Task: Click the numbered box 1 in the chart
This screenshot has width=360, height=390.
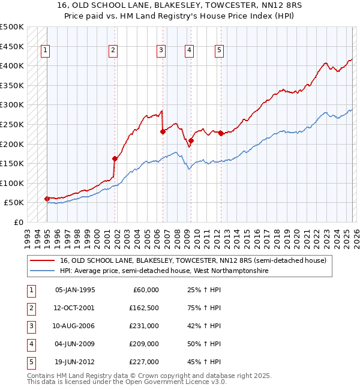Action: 46,51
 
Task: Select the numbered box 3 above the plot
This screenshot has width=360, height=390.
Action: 161,51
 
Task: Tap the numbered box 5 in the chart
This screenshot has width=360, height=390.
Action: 219,51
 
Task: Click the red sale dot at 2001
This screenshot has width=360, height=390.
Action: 115,158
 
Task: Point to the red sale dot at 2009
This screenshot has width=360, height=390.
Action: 191,140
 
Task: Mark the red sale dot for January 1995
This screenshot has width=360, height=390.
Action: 47,199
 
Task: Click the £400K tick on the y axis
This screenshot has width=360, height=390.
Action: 12,65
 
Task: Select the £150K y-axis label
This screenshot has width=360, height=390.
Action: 12,163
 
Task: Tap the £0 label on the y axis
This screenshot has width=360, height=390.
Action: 17,222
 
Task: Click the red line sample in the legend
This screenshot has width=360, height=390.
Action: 43,261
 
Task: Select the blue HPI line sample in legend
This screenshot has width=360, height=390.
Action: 43,271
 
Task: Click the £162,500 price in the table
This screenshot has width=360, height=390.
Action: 144,308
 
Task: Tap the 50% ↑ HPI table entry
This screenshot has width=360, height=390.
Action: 204,344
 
